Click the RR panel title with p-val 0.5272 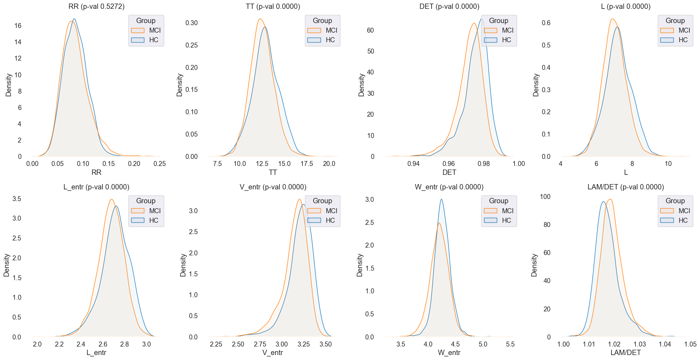[x=96, y=6]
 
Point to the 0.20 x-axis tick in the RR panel [x=134, y=164]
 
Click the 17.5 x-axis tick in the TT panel [x=307, y=164]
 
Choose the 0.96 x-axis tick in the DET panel [x=449, y=164]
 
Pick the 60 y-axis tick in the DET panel [x=371, y=31]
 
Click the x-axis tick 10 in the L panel [x=668, y=164]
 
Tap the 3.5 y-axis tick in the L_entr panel [x=17, y=199]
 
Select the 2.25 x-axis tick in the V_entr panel [x=216, y=344]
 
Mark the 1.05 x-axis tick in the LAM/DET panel [x=690, y=344]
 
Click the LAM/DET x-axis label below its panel [x=626, y=353]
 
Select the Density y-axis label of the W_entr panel [x=360, y=265]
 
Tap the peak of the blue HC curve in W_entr [x=441, y=199]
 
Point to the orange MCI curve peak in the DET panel [x=474, y=23]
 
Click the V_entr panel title [x=273, y=187]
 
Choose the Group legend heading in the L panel [x=675, y=21]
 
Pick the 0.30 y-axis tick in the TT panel [x=191, y=23]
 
